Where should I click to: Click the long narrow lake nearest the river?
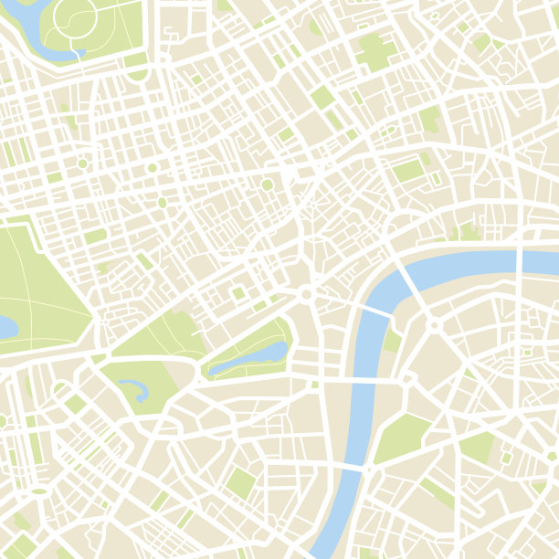[x=248, y=357]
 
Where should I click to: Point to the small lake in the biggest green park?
[x=5, y=325]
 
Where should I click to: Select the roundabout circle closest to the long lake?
[x=307, y=294]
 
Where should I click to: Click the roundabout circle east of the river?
[x=434, y=325]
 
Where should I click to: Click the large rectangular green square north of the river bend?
[x=409, y=170]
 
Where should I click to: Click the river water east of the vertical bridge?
[x=539, y=254]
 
